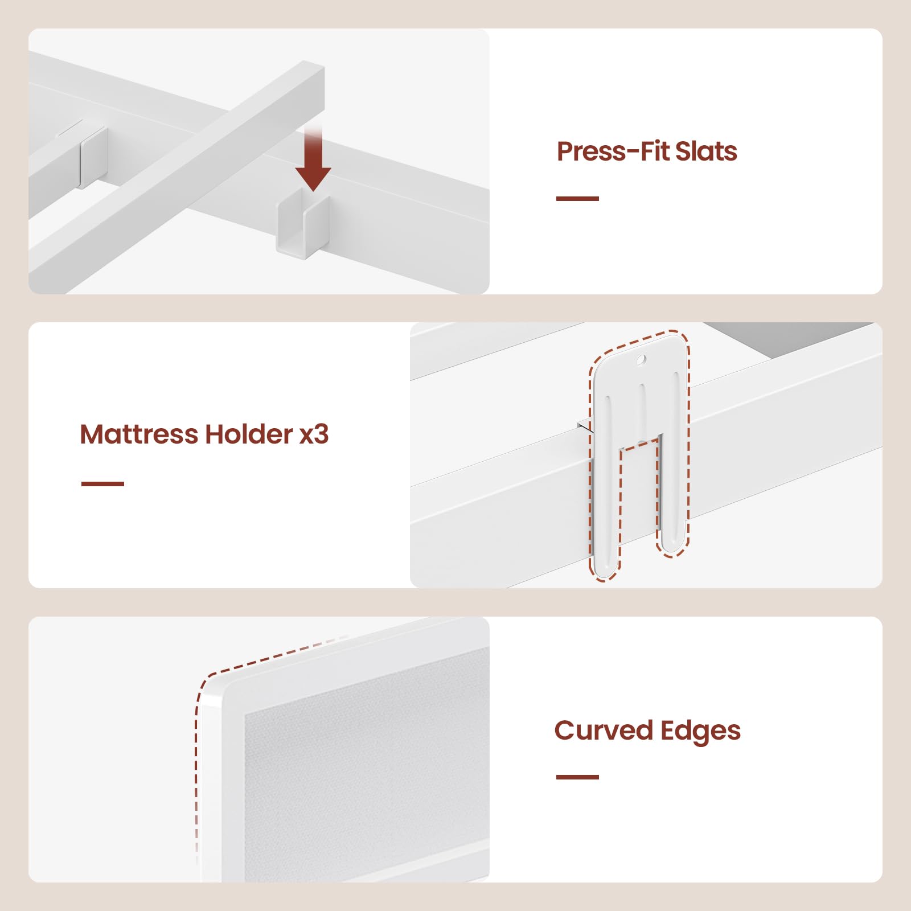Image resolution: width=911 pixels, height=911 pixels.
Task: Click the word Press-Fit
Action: [x=612, y=151]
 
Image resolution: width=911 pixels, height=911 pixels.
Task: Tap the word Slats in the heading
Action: [x=706, y=151]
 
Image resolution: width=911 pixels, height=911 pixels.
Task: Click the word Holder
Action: [x=249, y=434]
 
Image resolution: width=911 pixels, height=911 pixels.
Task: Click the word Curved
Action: [x=604, y=730]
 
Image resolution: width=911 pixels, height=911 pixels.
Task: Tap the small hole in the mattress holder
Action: [x=641, y=360]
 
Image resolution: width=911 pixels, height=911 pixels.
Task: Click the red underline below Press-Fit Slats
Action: [x=577, y=198]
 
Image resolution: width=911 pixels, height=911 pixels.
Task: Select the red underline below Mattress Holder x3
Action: [x=102, y=483]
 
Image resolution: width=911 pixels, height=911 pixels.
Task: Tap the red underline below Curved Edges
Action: [x=577, y=777]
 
